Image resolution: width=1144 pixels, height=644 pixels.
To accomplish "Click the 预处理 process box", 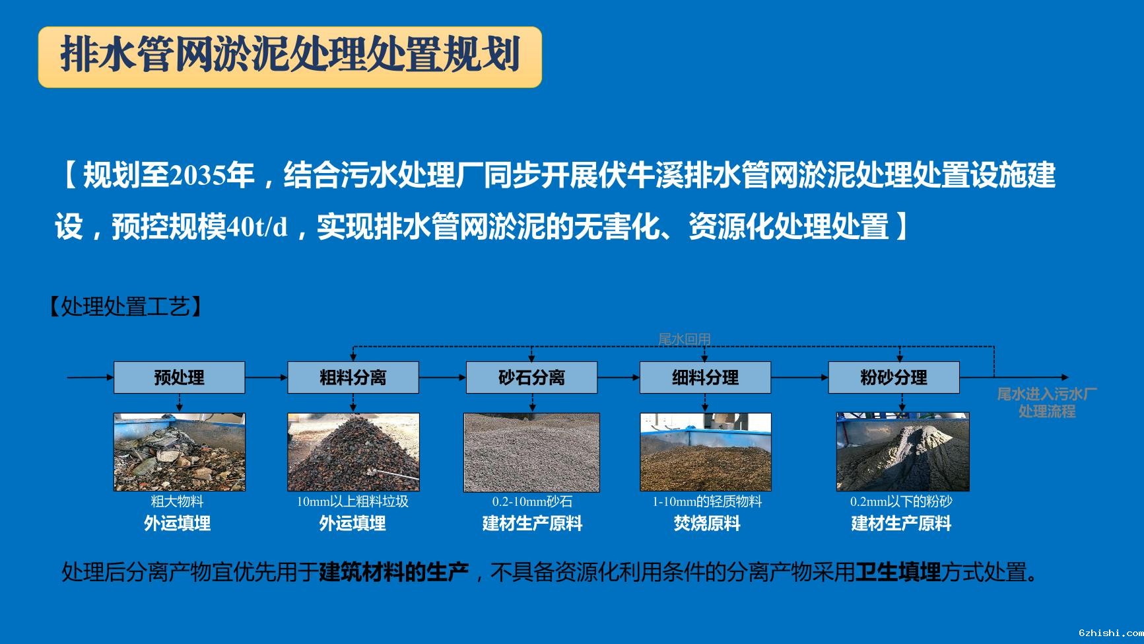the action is pos(179,377).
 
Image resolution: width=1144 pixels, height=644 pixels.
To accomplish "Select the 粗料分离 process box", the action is pos(353,377).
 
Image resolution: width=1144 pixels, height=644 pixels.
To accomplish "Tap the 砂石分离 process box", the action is pos(531,377).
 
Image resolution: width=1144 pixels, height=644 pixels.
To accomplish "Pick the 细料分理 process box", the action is pos(705,377).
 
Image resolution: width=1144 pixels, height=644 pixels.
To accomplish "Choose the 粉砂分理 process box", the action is pos(894,377).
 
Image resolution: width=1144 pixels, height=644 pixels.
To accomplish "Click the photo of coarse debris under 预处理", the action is pos(179,452).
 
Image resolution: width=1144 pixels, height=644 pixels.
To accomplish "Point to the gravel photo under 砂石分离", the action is pos(531,452).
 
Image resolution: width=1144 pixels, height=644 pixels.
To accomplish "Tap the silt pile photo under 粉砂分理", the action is pos(903,452).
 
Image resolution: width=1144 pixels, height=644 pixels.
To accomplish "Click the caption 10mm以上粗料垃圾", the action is pos(353,501).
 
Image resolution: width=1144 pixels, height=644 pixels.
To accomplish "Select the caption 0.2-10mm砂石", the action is pos(532,501).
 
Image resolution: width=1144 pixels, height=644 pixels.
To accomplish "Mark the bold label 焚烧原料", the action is pos(707,524).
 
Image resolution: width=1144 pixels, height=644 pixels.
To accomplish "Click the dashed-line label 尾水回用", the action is pos(685,339).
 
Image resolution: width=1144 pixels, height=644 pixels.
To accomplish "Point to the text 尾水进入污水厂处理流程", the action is pos(1047,402).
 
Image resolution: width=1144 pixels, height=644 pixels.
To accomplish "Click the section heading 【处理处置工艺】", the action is pos(125,306).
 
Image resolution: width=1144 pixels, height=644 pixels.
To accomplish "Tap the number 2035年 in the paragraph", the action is pos(212,176).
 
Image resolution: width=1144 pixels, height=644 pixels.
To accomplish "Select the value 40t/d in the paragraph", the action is pos(257,227).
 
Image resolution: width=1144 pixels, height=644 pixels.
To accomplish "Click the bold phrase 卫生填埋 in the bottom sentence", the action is pos(898,572).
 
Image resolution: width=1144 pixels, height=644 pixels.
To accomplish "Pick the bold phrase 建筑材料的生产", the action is pos(394,572).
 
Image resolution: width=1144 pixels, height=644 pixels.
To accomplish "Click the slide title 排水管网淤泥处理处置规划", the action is pos(290,55).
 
